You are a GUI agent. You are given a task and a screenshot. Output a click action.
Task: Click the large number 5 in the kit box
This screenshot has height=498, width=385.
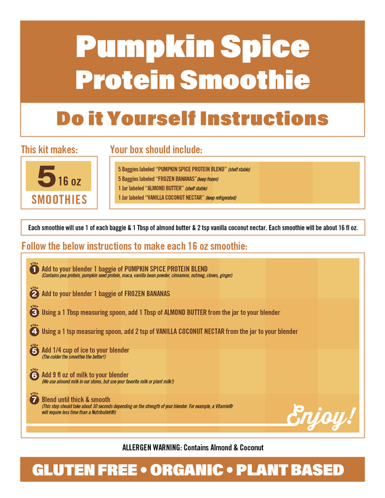(x=47, y=176)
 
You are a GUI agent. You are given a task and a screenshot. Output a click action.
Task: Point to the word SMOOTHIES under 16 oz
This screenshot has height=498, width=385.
(x=59, y=200)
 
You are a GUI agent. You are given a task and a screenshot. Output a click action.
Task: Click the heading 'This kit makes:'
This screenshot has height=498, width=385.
(x=49, y=150)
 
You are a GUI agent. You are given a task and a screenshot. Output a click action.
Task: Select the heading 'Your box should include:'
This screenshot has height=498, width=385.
(x=156, y=150)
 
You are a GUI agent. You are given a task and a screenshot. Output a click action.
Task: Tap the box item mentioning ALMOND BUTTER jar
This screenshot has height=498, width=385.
(x=163, y=188)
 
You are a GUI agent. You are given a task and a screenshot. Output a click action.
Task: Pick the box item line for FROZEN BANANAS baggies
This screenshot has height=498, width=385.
(x=168, y=179)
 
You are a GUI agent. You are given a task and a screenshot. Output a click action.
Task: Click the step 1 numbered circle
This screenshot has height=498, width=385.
(x=34, y=269)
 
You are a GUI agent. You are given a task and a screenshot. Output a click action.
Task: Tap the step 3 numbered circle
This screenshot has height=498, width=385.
(x=34, y=313)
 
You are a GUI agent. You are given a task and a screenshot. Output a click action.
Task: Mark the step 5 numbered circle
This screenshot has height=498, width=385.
(x=34, y=351)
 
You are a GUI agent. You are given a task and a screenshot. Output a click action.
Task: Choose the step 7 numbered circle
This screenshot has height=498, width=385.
(x=34, y=400)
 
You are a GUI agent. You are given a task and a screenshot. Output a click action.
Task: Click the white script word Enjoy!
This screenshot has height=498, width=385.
(x=321, y=417)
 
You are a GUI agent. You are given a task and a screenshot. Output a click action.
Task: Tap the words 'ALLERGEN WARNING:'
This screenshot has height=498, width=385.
(x=152, y=448)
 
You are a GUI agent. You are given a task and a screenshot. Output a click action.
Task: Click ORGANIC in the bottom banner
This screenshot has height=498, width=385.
(x=187, y=470)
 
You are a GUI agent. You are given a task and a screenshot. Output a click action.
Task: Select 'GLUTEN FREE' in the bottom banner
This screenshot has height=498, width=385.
(x=84, y=470)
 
